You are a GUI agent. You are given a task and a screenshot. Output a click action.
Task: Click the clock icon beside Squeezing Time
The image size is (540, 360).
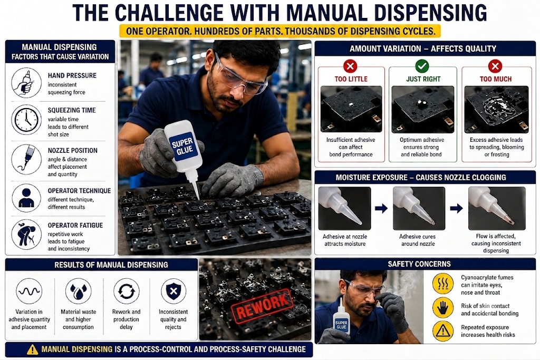pos(26,120)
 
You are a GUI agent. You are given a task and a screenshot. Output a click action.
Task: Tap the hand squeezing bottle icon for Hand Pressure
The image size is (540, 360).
pos(26,83)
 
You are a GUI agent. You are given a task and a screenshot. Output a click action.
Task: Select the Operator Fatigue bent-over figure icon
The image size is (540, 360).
pos(26,235)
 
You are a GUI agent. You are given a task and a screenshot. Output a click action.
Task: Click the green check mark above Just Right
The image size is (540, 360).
pos(422,66)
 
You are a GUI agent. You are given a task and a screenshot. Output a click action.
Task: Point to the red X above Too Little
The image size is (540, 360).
pos(350,66)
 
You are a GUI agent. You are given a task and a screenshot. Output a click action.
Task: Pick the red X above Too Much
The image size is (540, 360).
pos(495,66)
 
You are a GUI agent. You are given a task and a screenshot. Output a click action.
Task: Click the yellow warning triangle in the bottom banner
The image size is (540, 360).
pos(32,349)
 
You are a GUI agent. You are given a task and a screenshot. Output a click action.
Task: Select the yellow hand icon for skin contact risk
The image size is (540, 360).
pos(442,307)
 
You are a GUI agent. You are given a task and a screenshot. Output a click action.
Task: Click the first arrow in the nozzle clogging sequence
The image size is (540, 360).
pos(381,208)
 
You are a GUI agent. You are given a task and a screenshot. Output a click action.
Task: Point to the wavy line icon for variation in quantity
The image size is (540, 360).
pos(29,291)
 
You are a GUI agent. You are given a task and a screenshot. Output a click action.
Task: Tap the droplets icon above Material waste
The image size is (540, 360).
pos(79,291)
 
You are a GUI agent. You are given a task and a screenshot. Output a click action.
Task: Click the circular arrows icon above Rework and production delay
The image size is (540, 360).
pos(127,291)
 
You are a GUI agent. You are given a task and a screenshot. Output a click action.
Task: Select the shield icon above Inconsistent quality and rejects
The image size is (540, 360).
pos(173,291)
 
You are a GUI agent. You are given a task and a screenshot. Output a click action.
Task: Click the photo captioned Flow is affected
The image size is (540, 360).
pos(497,208)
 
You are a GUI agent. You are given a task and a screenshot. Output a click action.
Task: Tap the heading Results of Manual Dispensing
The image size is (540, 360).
pos(111,265)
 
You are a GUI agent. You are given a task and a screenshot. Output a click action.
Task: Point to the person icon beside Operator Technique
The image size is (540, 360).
pos(26,198)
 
